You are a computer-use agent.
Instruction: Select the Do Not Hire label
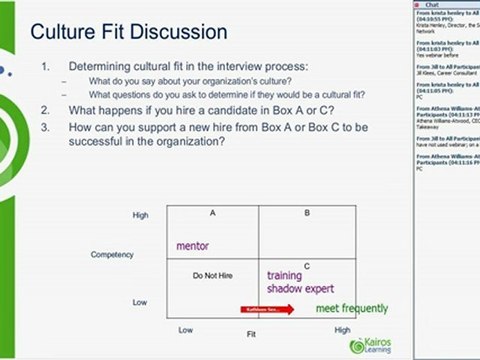212,274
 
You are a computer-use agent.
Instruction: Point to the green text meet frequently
351,309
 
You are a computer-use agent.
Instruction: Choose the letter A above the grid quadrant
213,213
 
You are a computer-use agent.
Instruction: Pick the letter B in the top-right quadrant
306,213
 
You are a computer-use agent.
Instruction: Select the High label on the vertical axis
140,215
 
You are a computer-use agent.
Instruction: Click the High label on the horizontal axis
342,329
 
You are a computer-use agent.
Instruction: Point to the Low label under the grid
186,329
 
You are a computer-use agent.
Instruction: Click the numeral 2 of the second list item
46,107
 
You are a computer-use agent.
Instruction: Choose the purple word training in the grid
285,275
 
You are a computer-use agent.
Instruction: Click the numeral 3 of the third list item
46,127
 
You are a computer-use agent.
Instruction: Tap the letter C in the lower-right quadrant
306,265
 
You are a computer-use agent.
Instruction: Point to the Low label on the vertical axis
141,300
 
